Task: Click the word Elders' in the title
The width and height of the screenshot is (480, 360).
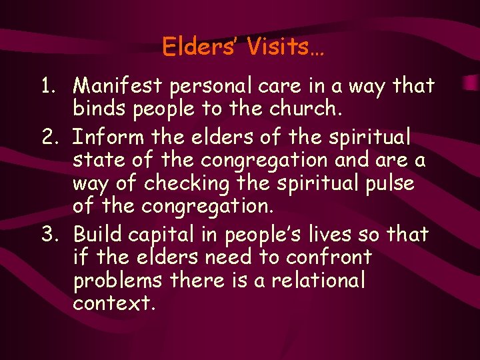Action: coord(199,47)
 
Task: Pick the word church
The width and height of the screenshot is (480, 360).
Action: coord(304,109)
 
